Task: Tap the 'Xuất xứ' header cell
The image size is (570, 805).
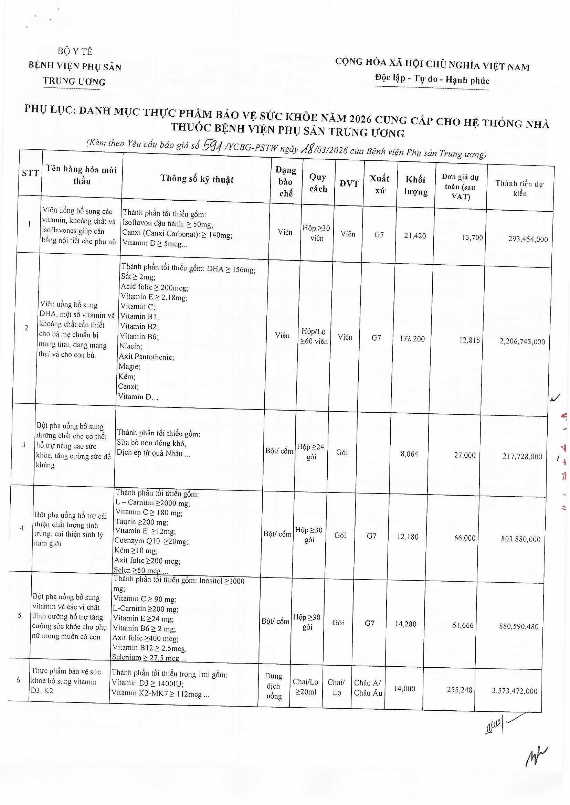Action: [379, 184]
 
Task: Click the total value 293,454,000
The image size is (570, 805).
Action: [528, 239]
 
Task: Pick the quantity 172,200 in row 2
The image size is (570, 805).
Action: [412, 339]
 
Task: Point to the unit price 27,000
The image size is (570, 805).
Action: [464, 455]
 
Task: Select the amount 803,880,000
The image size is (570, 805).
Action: [520, 539]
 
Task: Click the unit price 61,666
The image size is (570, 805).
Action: [463, 625]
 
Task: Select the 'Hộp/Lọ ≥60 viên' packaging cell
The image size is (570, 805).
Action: [314, 336]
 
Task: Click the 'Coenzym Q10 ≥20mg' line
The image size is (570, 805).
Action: [151, 541]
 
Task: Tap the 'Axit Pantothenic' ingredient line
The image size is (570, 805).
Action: [146, 357]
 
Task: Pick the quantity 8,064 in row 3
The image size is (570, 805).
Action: [409, 454]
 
